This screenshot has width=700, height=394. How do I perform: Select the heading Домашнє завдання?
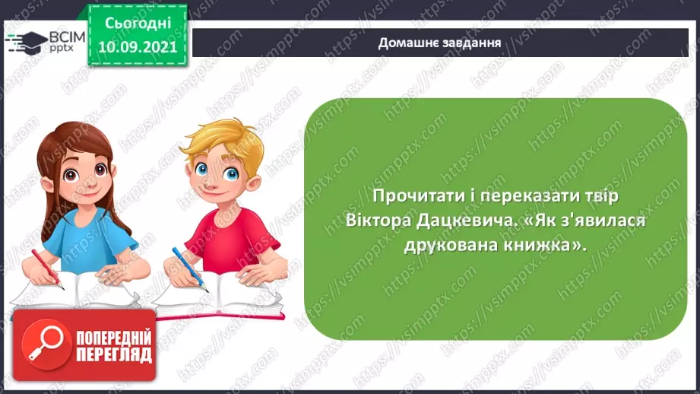[x=439, y=42]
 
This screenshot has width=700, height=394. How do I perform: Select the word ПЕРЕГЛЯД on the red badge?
[x=114, y=354]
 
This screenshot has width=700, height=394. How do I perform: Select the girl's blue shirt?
[x=91, y=236]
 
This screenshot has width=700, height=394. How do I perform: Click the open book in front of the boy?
[x=220, y=297]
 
